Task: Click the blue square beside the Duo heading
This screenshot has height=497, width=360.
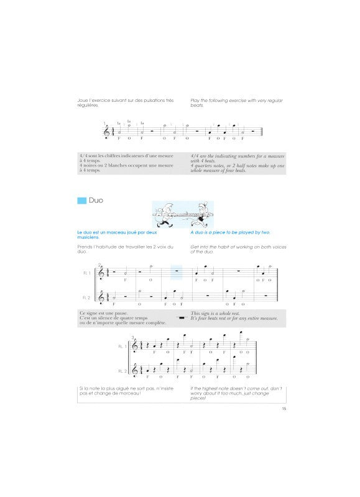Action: (81, 201)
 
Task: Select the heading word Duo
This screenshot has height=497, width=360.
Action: (96, 201)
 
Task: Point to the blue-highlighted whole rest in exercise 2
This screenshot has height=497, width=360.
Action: (176, 271)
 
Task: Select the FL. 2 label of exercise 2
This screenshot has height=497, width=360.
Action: (86, 297)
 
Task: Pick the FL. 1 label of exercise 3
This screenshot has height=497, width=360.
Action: (122, 347)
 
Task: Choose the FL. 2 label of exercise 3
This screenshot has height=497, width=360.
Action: (122, 370)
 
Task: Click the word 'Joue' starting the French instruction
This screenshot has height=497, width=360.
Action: (85, 99)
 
